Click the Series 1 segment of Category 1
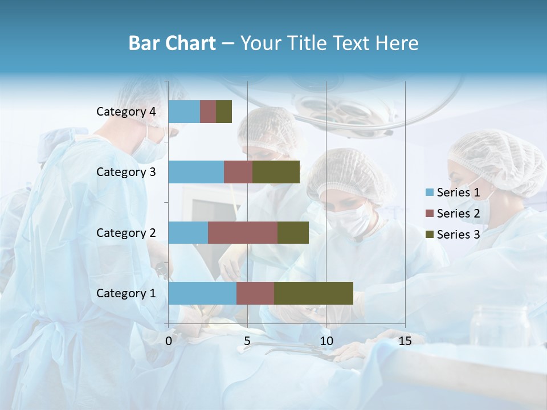(202, 293)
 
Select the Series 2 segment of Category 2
(243, 232)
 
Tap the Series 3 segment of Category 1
(313, 293)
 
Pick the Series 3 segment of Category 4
(224, 112)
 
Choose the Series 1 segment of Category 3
(196, 172)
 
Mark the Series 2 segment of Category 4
(208, 112)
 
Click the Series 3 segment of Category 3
(276, 172)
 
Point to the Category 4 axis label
(126, 112)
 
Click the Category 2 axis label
(126, 232)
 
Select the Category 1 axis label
(126, 293)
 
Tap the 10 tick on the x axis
(326, 341)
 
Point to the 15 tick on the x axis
(405, 341)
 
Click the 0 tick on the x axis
(169, 341)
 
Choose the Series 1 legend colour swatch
(429, 192)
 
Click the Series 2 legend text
(458, 214)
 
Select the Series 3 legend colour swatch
(429, 235)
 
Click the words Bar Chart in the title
(172, 43)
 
